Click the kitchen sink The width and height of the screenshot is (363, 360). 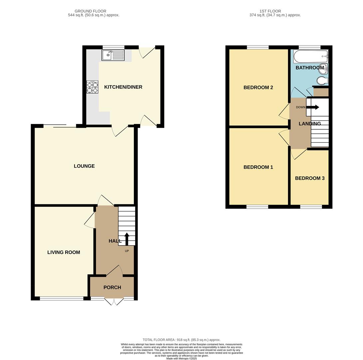[113, 55]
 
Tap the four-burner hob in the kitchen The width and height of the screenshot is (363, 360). [92, 87]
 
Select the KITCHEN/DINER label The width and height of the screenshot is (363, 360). [123, 87]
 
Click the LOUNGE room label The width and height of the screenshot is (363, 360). [84, 166]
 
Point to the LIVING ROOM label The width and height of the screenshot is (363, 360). [64, 252]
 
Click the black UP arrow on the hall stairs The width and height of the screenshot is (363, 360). [127, 239]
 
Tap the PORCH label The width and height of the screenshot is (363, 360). [112, 287]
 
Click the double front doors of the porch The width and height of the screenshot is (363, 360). [114, 301]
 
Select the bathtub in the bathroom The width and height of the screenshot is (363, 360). [310, 57]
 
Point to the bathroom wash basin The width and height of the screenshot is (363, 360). [324, 68]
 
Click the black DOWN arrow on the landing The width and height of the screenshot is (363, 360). [313, 107]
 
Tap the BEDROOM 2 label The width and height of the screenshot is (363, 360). [258, 88]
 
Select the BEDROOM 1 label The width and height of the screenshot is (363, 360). [258, 167]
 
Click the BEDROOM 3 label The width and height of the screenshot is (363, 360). [310, 178]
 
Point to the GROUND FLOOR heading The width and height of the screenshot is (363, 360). [90, 11]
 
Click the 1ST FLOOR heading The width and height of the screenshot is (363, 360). [270, 11]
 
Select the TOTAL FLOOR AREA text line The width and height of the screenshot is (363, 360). [181, 340]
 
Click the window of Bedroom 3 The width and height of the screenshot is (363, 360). [311, 207]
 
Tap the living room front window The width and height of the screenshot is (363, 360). [62, 298]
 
